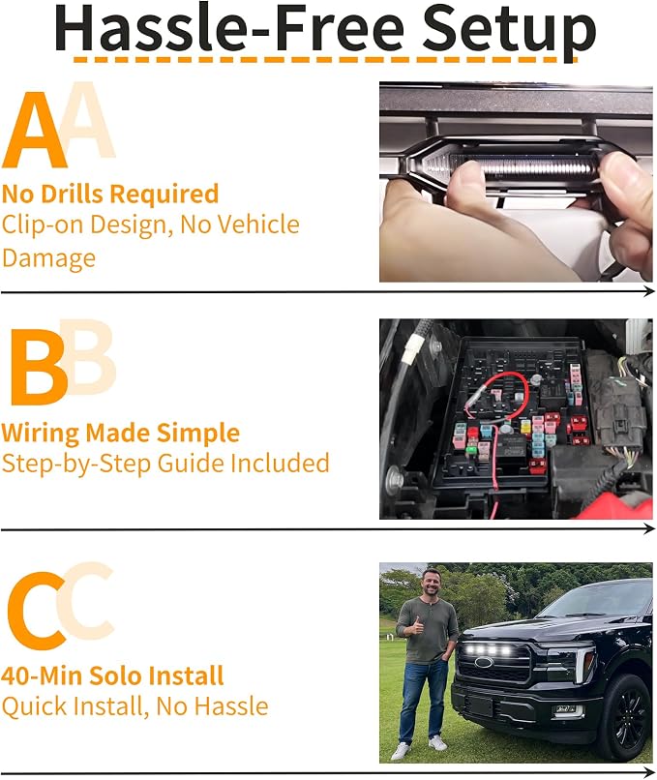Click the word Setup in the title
click(508, 32)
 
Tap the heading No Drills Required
click(110, 195)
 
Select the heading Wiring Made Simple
click(120, 434)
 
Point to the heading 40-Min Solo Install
click(112, 676)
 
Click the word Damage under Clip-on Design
click(48, 258)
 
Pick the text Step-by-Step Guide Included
click(165, 465)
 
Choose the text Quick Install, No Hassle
click(134, 706)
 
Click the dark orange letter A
click(34, 132)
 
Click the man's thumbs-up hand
click(416, 626)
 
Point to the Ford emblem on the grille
click(484, 662)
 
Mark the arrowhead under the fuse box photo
click(648, 528)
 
